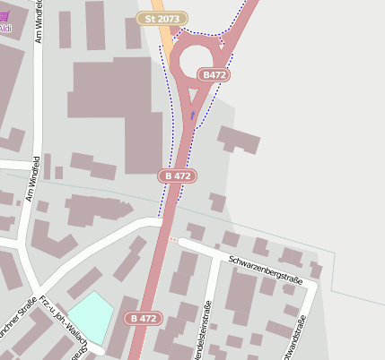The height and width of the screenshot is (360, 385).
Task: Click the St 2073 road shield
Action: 162,18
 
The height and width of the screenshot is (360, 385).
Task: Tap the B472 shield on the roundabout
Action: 214,75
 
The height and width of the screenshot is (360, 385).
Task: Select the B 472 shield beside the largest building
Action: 179,176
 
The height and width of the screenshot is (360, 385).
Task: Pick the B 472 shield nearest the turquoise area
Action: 144,318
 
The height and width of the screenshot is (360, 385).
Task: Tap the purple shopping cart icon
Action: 5,15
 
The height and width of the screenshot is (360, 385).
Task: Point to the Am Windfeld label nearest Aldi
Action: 39,22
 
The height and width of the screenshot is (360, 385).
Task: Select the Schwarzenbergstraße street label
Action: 267,269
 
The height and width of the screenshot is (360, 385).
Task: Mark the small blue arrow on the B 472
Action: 191,115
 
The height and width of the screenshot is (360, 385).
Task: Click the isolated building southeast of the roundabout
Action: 239,139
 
